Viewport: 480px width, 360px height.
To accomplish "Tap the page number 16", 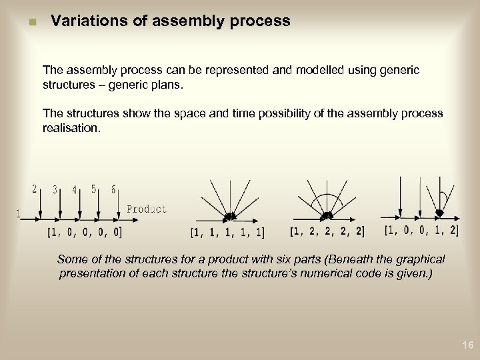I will (x=467, y=345).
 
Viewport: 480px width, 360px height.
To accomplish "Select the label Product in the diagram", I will (x=146, y=209).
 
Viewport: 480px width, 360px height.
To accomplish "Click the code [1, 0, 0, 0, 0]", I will (x=85, y=232).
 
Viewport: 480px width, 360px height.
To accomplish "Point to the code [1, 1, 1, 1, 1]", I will (x=227, y=233).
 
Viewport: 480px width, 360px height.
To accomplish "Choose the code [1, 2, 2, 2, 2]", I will (x=327, y=231).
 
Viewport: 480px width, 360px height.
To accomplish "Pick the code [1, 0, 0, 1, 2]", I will (x=421, y=230).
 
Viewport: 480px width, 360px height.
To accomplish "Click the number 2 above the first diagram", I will (x=35, y=189).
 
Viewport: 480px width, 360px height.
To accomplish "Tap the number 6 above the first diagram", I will (x=113, y=189).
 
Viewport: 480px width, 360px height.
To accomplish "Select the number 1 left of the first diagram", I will (x=19, y=213).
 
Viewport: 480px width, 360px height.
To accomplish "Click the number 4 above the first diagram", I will (x=74, y=189).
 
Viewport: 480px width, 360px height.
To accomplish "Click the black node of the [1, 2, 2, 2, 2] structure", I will (x=327, y=215).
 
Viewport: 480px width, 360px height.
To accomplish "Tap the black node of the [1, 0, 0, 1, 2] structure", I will (x=439, y=213).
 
